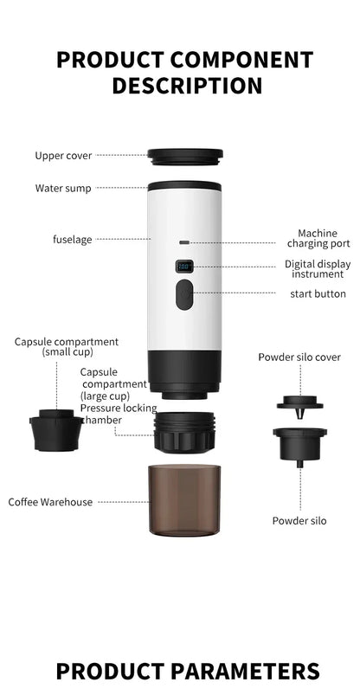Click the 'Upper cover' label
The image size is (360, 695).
click(x=63, y=156)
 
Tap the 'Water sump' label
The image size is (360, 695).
click(x=62, y=188)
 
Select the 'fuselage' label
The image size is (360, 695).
click(x=72, y=239)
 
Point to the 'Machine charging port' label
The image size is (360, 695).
click(x=318, y=238)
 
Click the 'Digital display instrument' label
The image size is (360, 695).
click(x=318, y=269)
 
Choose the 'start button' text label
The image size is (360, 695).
click(x=318, y=294)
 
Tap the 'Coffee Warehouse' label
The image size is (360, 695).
click(x=50, y=502)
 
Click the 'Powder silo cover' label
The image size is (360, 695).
click(x=299, y=357)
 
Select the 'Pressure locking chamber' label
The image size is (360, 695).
click(x=118, y=414)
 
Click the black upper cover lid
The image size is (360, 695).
click(x=184, y=158)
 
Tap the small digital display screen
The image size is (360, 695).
click(x=183, y=267)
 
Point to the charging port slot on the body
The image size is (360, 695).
click(x=183, y=242)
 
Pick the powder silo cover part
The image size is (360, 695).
click(x=299, y=402)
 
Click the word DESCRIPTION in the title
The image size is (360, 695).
click(x=187, y=86)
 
